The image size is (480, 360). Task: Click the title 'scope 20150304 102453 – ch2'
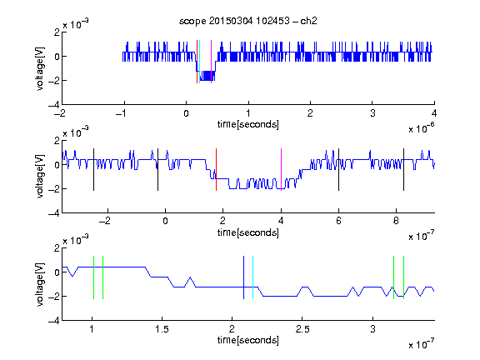pyautogui.click(x=248, y=21)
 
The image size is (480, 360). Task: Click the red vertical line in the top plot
pyautogui.click(x=197, y=62)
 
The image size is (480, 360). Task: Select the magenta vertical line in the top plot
pyautogui.click(x=211, y=62)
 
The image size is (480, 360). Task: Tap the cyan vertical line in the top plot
pyautogui.click(x=200, y=62)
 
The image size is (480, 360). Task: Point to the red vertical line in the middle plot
pyautogui.click(x=216, y=170)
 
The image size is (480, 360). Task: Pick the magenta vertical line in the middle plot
pyautogui.click(x=282, y=170)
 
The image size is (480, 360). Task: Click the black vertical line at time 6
pyautogui.click(x=338, y=170)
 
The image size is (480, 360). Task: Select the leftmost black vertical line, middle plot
pyautogui.click(x=93, y=170)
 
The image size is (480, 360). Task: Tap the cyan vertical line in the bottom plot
pyautogui.click(x=252, y=277)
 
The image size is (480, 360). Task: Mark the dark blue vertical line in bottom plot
pyautogui.click(x=243, y=277)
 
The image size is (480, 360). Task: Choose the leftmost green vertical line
pyautogui.click(x=93, y=277)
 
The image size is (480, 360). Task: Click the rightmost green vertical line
pyautogui.click(x=404, y=277)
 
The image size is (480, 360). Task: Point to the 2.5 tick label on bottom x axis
pyautogui.click(x=302, y=329)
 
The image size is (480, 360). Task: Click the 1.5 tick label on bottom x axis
pyautogui.click(x=162, y=329)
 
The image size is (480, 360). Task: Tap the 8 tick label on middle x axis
pyautogui.click(x=396, y=221)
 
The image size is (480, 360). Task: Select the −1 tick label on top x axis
pyautogui.click(x=121, y=113)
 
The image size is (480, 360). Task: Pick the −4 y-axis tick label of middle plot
pyautogui.click(x=54, y=213)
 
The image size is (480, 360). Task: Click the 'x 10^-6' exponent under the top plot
pyautogui.click(x=422, y=128)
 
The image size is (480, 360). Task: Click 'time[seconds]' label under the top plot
pyautogui.click(x=248, y=124)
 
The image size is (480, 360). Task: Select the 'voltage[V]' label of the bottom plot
pyautogui.click(x=40, y=284)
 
